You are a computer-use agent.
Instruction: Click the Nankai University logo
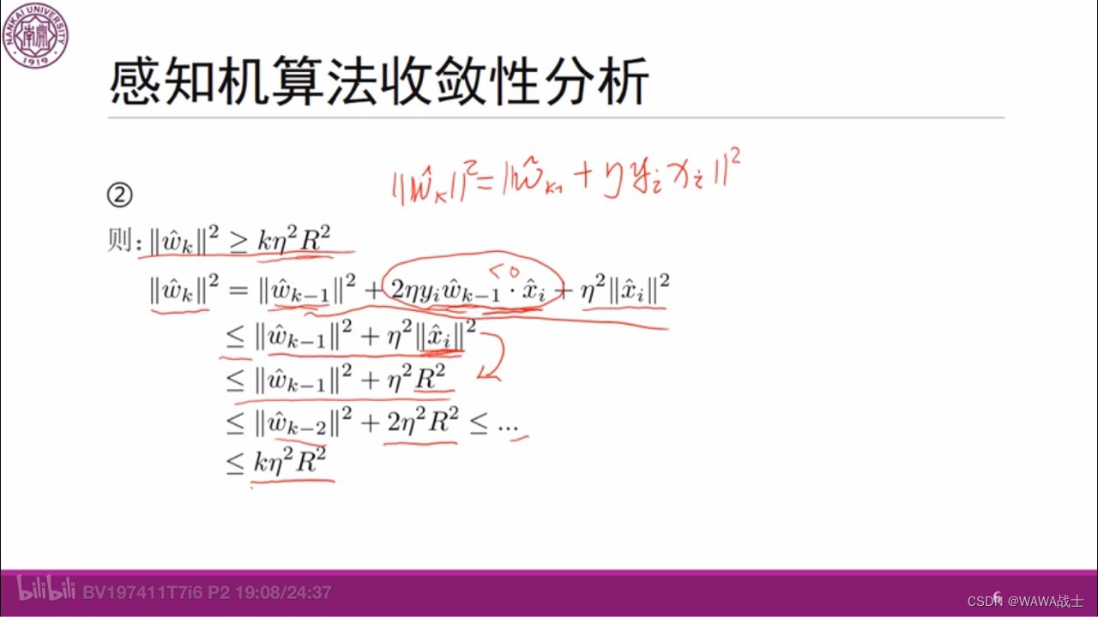click(34, 34)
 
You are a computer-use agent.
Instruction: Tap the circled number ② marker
click(120, 196)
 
